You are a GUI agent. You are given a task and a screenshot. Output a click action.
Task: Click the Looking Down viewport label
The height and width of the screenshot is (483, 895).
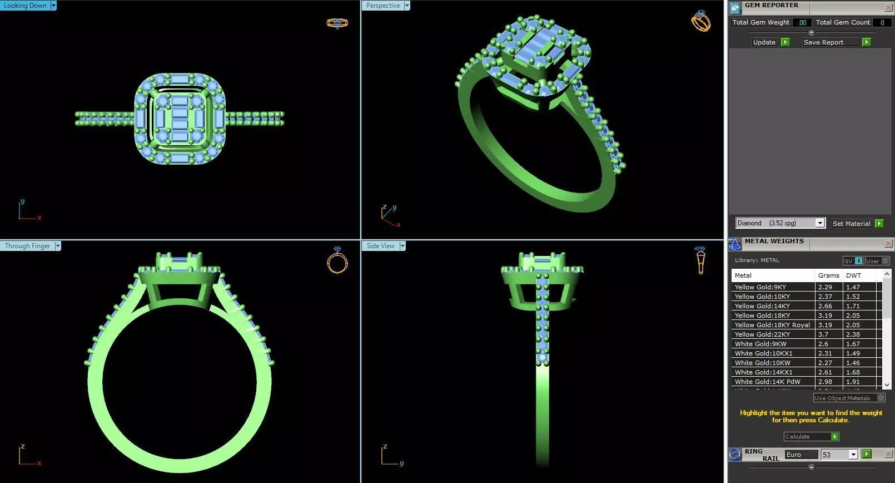click(x=26, y=6)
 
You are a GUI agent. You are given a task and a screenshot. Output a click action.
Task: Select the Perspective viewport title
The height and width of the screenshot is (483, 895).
click(x=382, y=6)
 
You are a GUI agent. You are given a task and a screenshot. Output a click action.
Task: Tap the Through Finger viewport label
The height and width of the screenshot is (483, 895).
click(x=27, y=246)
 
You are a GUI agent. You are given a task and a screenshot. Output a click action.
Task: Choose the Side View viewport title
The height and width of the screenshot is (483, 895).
click(x=380, y=246)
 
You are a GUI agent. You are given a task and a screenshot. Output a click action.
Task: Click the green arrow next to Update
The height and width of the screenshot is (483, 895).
click(x=785, y=42)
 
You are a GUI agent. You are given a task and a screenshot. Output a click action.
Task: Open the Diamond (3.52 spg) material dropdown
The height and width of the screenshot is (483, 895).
click(x=819, y=223)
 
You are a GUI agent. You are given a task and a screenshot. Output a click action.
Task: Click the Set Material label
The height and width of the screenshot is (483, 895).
click(x=851, y=224)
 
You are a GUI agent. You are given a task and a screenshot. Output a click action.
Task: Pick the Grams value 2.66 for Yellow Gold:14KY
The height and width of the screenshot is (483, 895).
click(x=825, y=306)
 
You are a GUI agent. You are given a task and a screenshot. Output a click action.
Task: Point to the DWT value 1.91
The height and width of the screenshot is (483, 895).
click(x=853, y=382)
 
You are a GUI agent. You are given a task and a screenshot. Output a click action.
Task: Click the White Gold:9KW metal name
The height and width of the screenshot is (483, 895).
click(x=760, y=344)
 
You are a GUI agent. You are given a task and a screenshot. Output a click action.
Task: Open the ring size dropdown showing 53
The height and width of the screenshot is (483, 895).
click(x=853, y=455)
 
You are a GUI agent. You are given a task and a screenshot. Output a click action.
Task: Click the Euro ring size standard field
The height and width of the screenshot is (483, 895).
click(x=800, y=455)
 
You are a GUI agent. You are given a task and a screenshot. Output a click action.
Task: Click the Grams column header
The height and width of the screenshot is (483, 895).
click(x=828, y=275)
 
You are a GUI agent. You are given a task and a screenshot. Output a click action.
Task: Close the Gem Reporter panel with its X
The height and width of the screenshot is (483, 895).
click(x=888, y=7)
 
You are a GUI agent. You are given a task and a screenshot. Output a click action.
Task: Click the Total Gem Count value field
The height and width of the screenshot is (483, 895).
click(x=882, y=22)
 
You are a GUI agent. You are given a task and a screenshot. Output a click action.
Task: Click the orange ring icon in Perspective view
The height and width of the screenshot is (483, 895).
click(x=700, y=21)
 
